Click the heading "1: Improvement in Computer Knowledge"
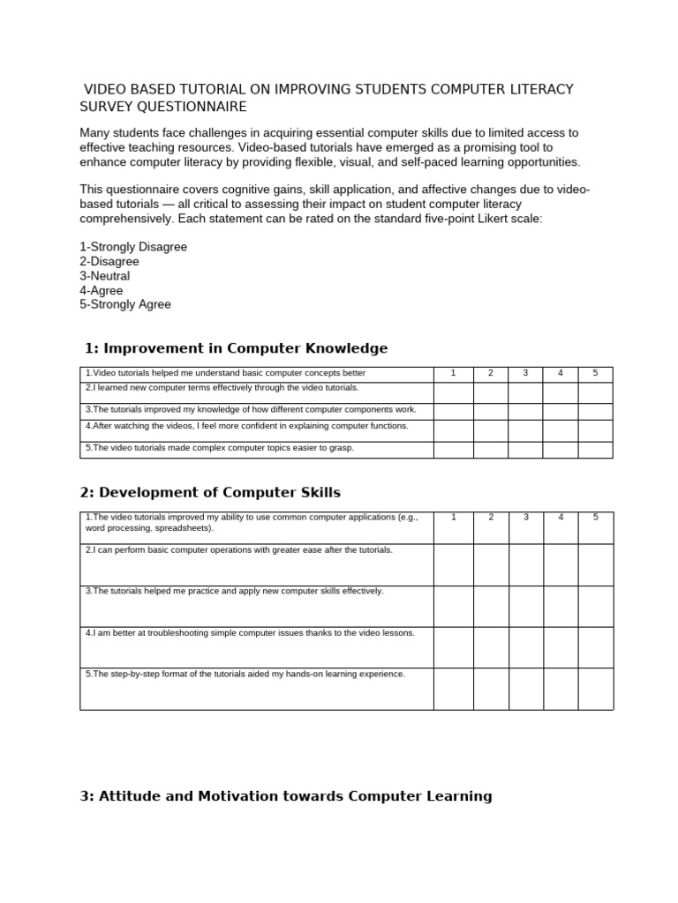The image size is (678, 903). [236, 348]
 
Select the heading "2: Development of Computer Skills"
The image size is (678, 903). [210, 492]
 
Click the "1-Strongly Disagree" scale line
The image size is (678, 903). [133, 247]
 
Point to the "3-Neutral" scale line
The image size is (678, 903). [104, 276]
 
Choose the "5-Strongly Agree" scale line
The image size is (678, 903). [125, 304]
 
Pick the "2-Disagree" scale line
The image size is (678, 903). [109, 262]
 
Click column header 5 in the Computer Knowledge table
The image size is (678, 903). [595, 374]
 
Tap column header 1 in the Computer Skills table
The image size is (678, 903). [454, 517]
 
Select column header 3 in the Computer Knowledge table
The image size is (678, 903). [525, 374]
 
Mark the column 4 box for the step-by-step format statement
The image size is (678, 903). [561, 689]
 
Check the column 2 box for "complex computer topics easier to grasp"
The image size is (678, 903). [491, 450]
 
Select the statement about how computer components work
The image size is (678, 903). [251, 410]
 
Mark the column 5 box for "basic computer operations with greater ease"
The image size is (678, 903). [596, 564]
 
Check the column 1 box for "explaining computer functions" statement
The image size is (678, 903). [454, 430]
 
